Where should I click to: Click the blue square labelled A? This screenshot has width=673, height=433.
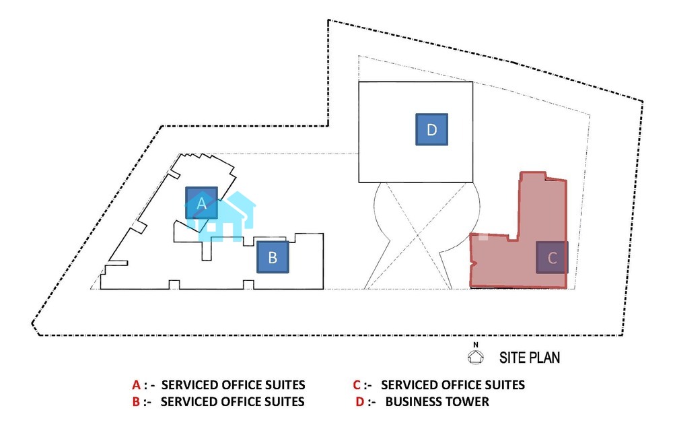point(202,203)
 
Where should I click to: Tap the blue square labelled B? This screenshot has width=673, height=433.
point(273,257)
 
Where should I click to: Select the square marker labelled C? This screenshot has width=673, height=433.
point(552,257)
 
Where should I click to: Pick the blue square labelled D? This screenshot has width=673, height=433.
point(432,129)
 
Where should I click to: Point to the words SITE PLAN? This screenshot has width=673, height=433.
point(529,358)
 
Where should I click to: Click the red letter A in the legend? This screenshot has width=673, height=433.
point(136,385)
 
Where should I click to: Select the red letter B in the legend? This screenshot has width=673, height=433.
point(136,402)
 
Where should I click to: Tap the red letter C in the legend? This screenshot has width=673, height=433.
point(357,385)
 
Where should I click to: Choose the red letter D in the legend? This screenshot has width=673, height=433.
point(359,402)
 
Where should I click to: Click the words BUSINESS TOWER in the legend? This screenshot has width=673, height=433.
point(437,402)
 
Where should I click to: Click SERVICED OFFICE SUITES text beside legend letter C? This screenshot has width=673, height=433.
point(453,385)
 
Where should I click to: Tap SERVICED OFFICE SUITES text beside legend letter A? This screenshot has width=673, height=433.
point(234,385)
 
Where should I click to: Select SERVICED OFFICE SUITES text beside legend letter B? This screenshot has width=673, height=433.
point(234,402)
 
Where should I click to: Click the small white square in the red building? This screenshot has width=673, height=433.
point(483,236)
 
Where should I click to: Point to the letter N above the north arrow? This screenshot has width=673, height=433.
point(476,345)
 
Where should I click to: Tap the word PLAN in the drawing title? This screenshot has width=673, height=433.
point(546,358)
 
